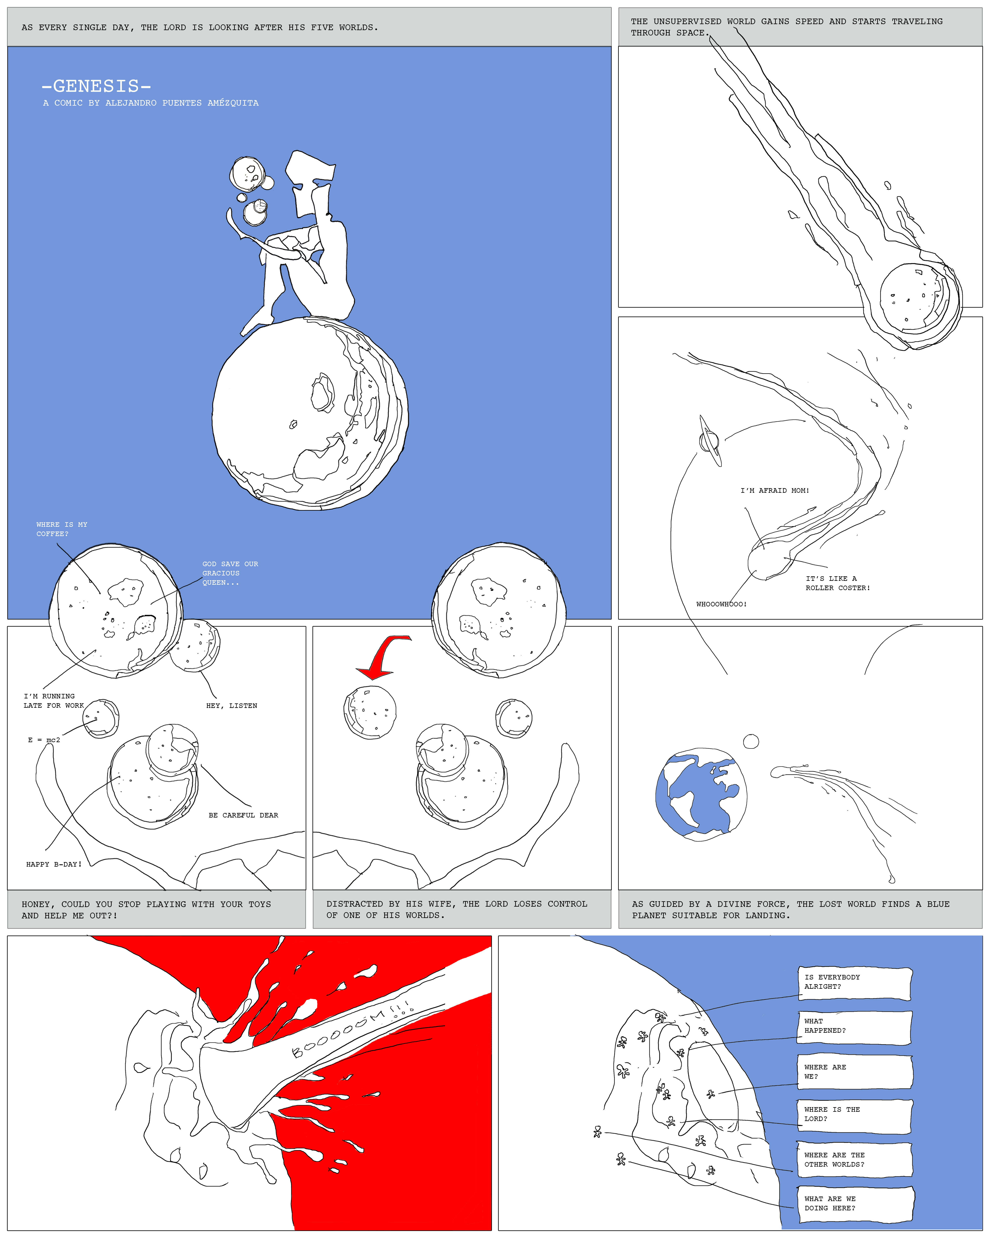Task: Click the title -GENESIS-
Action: pos(96,86)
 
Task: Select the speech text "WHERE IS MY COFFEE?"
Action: pos(62,529)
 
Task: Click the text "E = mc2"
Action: pos(44,740)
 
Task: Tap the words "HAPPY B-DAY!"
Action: pos(54,864)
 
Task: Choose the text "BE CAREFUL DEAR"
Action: pos(243,815)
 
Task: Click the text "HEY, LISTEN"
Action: pos(232,706)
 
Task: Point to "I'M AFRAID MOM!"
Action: pos(775,490)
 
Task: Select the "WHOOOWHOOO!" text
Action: pos(721,604)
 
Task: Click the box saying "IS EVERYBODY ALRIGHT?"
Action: pos(854,984)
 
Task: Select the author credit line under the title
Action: pos(151,103)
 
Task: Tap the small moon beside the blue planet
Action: pos(751,741)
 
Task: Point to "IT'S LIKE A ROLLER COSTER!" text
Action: pos(837,583)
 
